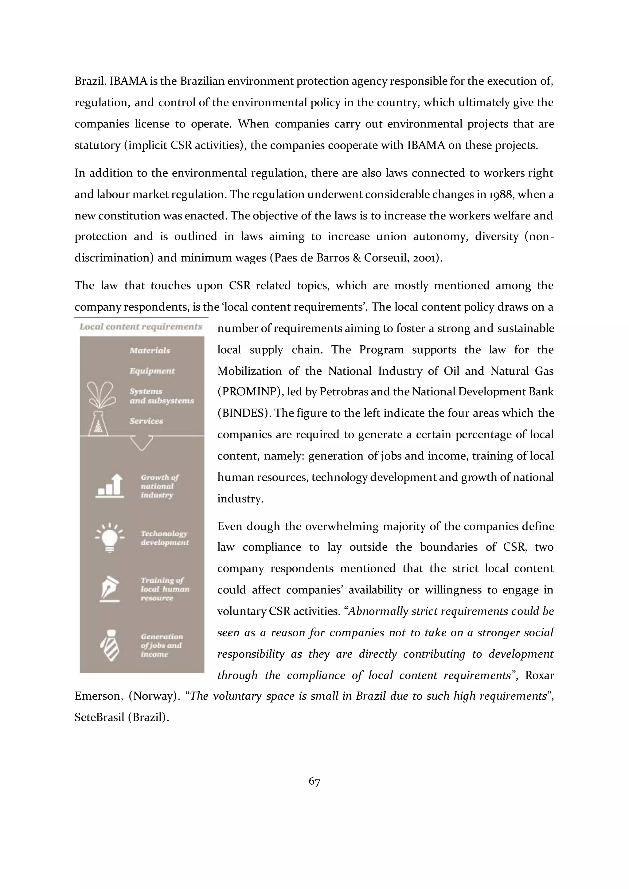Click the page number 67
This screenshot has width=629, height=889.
(314, 782)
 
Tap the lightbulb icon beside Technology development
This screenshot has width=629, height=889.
(110, 538)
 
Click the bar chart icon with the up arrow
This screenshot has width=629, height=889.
(110, 486)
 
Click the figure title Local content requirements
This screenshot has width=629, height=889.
(141, 327)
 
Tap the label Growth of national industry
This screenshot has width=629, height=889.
(160, 486)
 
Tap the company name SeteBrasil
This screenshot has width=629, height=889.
(100, 717)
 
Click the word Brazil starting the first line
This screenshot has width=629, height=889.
(90, 81)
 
